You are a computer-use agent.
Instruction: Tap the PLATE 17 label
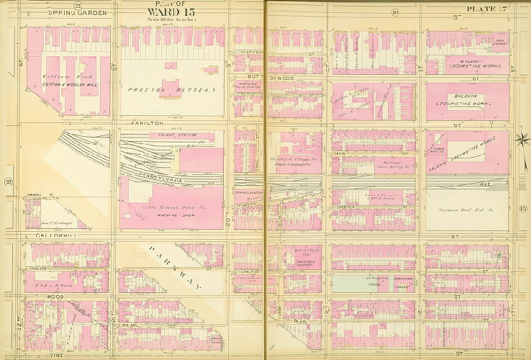point(487,8)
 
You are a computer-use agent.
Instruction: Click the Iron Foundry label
point(291,164)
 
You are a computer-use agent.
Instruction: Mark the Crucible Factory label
point(297,264)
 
